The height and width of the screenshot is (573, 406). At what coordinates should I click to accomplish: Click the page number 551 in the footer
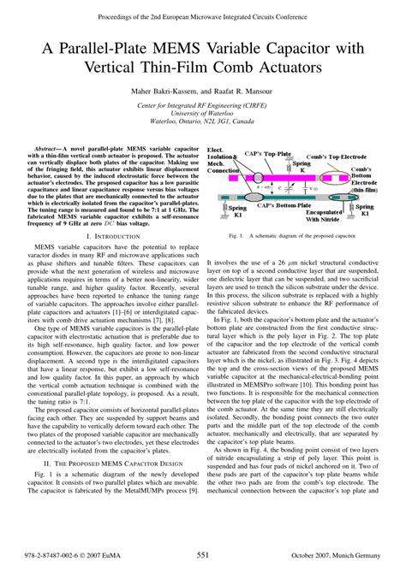pyautogui.click(x=203, y=556)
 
